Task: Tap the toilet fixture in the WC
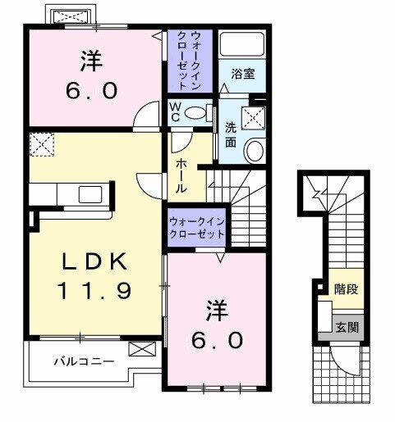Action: point(196,114)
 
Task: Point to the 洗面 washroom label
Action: point(232,134)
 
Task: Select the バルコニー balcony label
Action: point(85,360)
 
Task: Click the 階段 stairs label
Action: point(345,288)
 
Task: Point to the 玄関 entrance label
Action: point(346,326)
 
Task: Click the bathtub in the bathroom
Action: point(241,45)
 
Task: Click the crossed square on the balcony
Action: point(140,350)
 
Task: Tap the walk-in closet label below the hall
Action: point(197,227)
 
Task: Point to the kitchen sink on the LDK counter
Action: point(88,195)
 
